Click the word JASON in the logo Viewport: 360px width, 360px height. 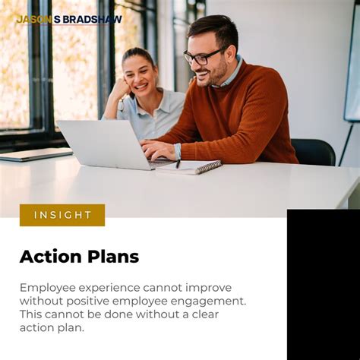pyautogui.click(x=33, y=19)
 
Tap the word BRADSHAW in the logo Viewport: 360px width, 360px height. pyautogui.click(x=93, y=19)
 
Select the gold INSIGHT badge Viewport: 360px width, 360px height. pyautogui.click(x=62, y=215)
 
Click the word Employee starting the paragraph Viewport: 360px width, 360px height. pyautogui.click(x=49, y=288)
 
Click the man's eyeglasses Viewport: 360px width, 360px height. pyautogui.click(x=202, y=56)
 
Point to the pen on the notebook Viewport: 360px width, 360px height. pyautogui.click(x=178, y=163)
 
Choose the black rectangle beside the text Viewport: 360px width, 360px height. pyautogui.click(x=323, y=284)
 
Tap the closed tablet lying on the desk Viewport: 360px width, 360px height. pyautogui.click(x=34, y=154)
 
